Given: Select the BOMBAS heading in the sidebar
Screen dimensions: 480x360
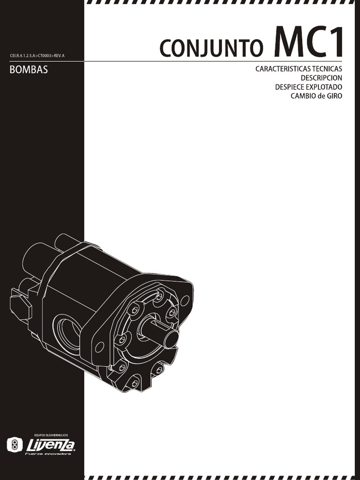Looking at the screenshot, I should [29, 72].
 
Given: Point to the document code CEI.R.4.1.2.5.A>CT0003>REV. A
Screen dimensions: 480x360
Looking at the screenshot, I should [37, 56].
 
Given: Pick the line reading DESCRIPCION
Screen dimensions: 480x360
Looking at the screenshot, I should [321, 78].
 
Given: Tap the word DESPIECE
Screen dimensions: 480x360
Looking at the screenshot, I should [291, 87].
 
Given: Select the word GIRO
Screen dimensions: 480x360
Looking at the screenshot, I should [335, 96].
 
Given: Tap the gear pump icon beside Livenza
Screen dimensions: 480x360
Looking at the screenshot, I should [15, 444].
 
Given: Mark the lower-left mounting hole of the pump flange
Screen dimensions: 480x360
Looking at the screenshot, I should [99, 347].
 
